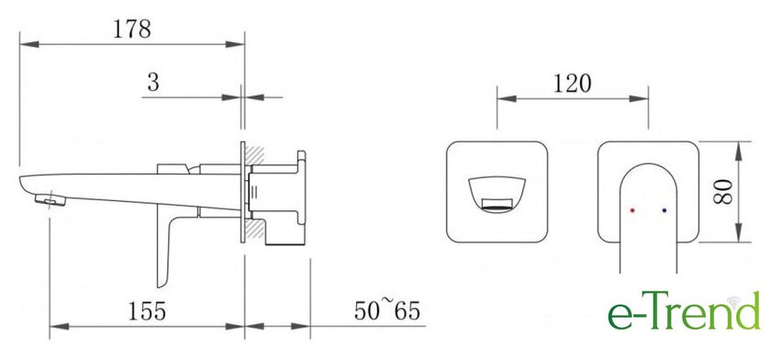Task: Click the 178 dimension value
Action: pyautogui.click(x=132, y=29)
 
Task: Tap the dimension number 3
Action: pyautogui.click(x=153, y=84)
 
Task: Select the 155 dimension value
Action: pyautogui.click(x=147, y=311)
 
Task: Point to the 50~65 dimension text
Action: pyautogui.click(x=387, y=310)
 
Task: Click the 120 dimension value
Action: pyautogui.click(x=573, y=84)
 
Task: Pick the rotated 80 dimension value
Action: pyautogui.click(x=723, y=192)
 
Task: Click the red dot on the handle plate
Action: pyautogui.click(x=632, y=210)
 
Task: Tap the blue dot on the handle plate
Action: pyautogui.click(x=665, y=210)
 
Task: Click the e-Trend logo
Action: pyautogui.click(x=684, y=310)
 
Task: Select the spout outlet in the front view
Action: pyautogui.click(x=497, y=205)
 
